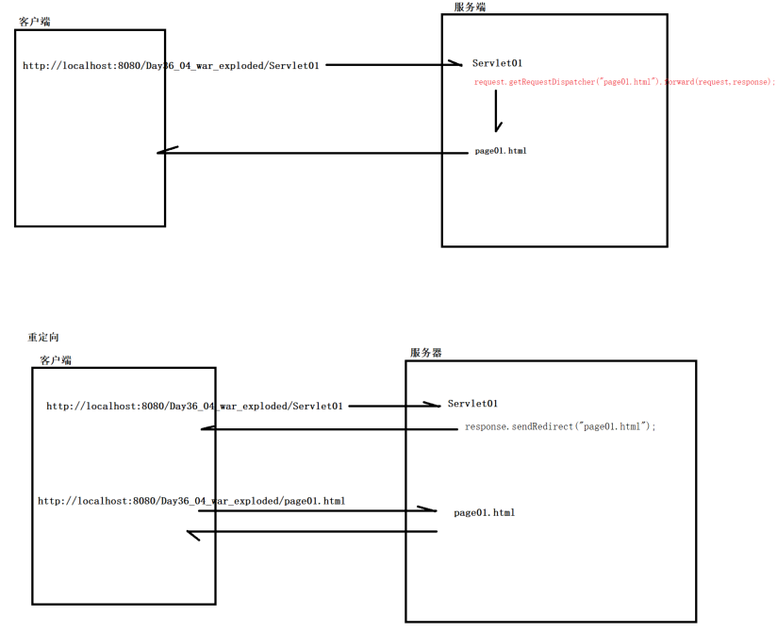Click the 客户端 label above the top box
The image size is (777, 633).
pos(35,21)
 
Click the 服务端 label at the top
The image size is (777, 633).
pos(470,7)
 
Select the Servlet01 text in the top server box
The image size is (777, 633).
pos(497,63)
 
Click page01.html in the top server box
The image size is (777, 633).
pos(501,151)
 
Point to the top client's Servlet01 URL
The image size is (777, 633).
pos(171,66)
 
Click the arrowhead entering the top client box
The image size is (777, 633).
pos(166,152)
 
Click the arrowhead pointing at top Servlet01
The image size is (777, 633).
pos(456,64)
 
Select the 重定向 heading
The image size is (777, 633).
pos(43,338)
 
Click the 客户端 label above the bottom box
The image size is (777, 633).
pos(56,360)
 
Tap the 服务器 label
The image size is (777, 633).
pos(425,353)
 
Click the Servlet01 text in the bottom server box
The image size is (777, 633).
pos(472,404)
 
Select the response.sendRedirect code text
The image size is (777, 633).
pos(560,427)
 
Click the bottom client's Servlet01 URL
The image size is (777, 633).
pos(194,407)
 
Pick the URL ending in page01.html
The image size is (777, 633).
pos(191,501)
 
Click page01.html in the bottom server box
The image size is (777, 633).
pos(484,513)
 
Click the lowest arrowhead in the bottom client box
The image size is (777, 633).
pos(193,535)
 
